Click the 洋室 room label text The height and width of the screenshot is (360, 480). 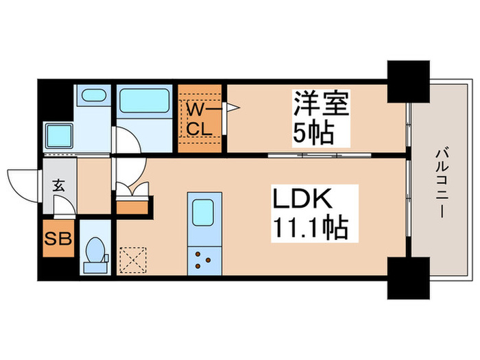322,106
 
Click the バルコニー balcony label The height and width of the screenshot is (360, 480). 439,184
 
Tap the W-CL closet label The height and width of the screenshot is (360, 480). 200,118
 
